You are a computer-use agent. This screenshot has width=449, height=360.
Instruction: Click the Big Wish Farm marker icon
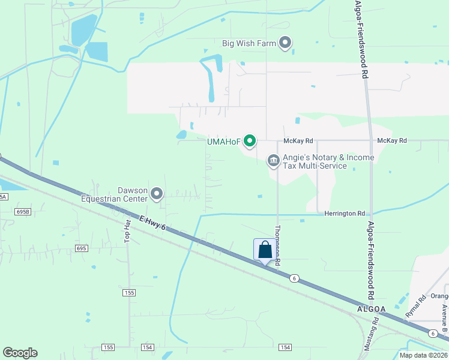(285, 43)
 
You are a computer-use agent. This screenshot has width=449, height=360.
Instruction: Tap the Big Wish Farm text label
(249, 43)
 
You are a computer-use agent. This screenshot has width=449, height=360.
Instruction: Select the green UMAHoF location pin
(250, 142)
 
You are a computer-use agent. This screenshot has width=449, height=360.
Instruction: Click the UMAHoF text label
(223, 142)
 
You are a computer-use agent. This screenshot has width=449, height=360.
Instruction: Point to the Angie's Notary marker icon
(273, 161)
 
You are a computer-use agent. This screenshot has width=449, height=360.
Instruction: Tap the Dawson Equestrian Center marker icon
(157, 193)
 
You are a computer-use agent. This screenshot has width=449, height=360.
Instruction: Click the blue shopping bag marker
(265, 250)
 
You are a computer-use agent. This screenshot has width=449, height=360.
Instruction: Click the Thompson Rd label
(277, 244)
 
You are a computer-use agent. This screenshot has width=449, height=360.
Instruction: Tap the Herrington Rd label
(345, 214)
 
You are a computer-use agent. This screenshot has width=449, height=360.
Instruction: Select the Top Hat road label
(127, 230)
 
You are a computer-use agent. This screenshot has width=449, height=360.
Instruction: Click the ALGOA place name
(366, 308)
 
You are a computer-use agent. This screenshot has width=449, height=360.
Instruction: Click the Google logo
(20, 353)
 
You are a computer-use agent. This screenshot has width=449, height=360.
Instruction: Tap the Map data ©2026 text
(423, 355)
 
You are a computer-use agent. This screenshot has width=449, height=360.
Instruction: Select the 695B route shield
(23, 212)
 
